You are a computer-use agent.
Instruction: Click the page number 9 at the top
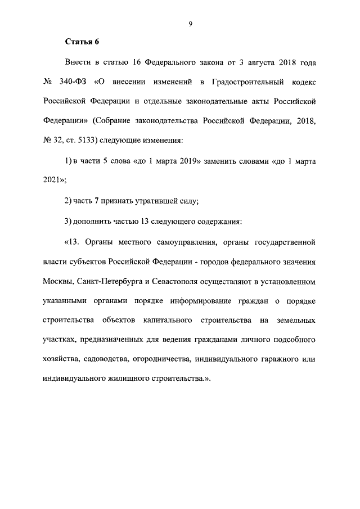(x=191, y=23)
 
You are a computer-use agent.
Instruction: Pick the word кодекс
(x=304, y=82)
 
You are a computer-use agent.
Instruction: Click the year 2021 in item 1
(x=52, y=181)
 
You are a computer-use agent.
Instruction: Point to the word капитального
(x=166, y=321)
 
